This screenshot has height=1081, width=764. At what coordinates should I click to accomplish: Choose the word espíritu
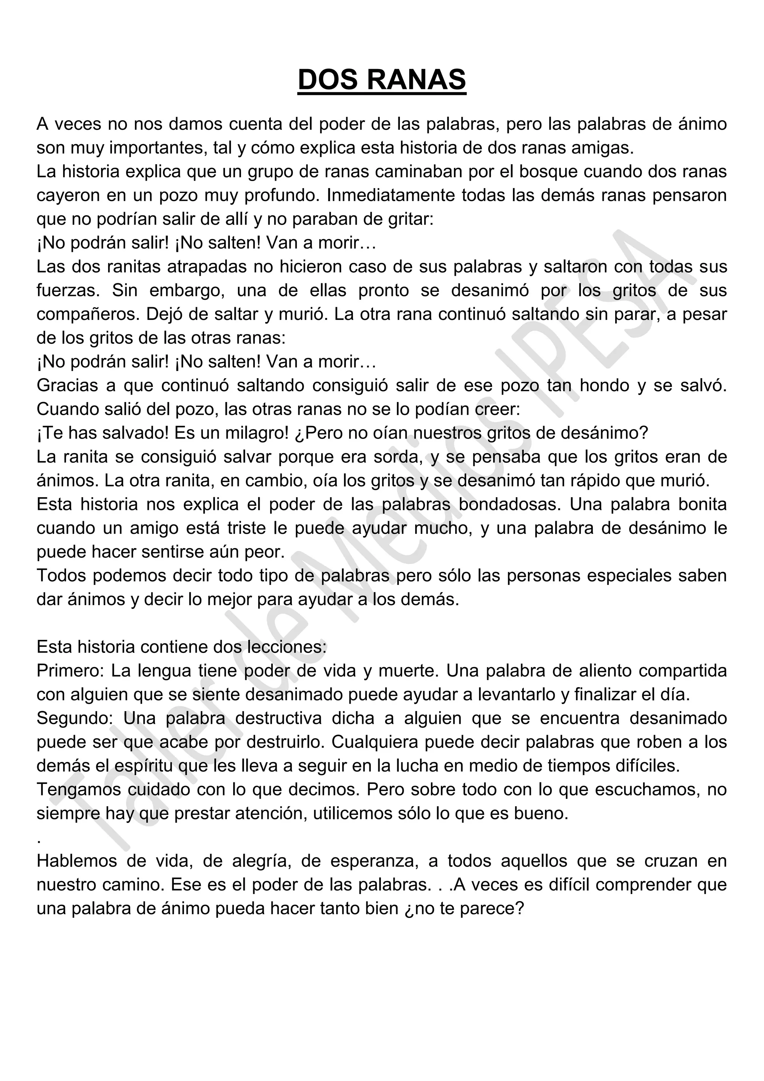(150, 766)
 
